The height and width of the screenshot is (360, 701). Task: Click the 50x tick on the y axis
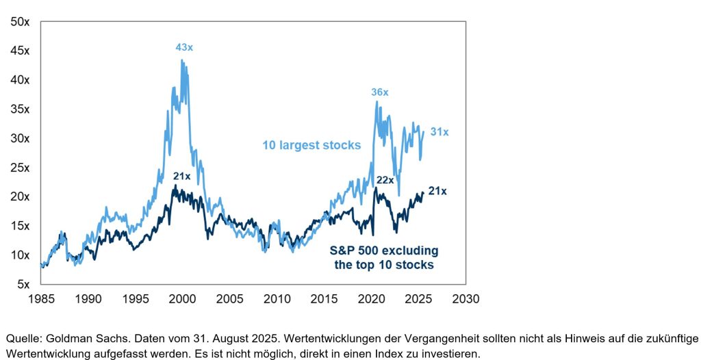[x=20, y=22]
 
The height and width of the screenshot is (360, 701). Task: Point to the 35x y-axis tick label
[x=20, y=110]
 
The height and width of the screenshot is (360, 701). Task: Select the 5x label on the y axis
[x=23, y=284]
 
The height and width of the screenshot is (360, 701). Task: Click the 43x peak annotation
[x=183, y=47]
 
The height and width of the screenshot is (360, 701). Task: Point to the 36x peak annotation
[x=379, y=92]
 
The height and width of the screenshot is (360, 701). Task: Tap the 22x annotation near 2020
[x=385, y=180]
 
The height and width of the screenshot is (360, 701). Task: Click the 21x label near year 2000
[x=181, y=177]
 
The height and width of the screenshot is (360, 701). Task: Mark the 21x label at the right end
[x=437, y=191]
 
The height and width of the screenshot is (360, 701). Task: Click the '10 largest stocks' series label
[x=311, y=145]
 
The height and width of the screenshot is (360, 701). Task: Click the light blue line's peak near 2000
[x=181, y=60]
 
